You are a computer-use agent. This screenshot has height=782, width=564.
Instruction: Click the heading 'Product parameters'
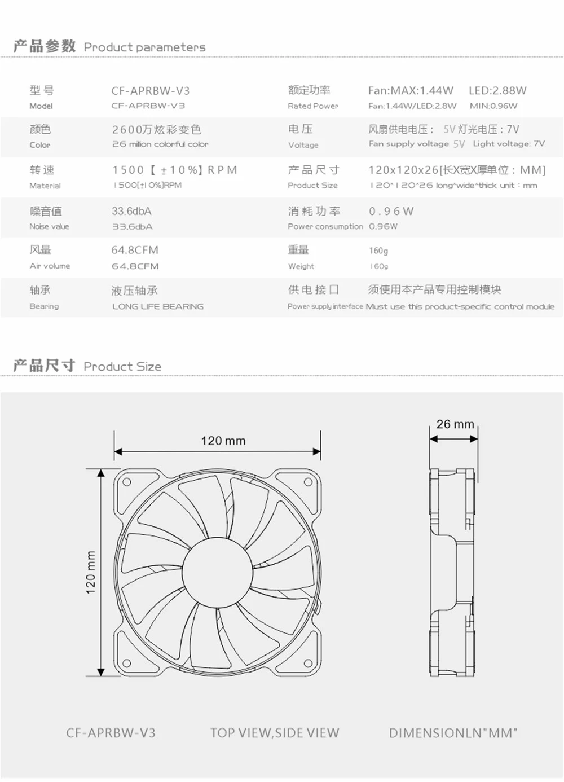click(144, 47)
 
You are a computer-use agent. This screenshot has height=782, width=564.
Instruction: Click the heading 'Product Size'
click(122, 367)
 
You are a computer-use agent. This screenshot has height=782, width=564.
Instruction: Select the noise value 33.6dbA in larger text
click(131, 211)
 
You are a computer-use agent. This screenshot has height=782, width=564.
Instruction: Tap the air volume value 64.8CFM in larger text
click(135, 250)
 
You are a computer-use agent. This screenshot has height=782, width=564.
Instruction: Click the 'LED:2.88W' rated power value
click(497, 90)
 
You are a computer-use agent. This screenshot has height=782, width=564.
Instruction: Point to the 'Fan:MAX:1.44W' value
click(411, 90)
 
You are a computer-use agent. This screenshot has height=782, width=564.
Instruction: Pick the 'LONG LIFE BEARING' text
click(157, 306)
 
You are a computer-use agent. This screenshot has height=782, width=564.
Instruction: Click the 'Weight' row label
click(301, 266)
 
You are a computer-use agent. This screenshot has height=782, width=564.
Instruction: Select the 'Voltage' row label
click(303, 145)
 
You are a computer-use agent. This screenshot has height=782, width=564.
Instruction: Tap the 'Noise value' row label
click(49, 226)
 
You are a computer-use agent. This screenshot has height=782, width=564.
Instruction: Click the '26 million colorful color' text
click(160, 144)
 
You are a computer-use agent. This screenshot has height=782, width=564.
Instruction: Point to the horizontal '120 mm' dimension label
click(223, 441)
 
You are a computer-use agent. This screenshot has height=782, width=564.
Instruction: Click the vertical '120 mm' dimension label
click(91, 572)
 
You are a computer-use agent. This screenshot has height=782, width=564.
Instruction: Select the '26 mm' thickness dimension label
click(455, 424)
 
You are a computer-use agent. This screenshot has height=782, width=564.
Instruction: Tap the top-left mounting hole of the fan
click(127, 482)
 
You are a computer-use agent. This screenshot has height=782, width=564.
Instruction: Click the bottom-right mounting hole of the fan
click(309, 663)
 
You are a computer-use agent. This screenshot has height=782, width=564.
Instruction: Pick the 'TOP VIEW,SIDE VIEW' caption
click(275, 733)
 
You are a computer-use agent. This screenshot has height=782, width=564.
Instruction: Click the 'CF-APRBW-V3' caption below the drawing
click(111, 733)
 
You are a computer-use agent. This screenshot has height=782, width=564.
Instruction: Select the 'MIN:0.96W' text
click(493, 106)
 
